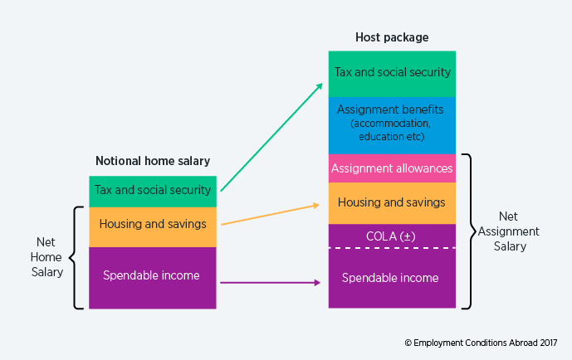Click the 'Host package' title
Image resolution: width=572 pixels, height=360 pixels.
click(392, 37)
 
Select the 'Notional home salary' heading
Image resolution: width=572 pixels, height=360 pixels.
click(153, 161)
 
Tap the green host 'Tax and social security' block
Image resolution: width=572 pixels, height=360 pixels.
click(392, 73)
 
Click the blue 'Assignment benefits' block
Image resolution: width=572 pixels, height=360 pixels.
click(392, 124)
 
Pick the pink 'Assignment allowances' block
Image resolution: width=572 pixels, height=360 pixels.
click(392, 168)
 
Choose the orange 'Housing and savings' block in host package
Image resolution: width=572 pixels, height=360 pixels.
click(392, 202)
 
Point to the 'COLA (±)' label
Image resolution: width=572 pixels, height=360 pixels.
click(392, 236)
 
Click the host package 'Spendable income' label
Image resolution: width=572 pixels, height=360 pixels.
click(390, 278)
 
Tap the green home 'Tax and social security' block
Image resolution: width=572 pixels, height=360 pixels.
click(153, 191)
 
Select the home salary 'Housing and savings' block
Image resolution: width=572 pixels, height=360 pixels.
click(153, 226)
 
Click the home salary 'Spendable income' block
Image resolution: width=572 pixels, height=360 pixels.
click(153, 277)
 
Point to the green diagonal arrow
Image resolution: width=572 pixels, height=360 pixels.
click(271, 137)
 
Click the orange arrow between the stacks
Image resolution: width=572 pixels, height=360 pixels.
click(271, 214)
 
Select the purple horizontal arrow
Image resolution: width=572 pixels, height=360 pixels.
click(271, 283)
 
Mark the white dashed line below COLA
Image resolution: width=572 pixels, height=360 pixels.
click(392, 247)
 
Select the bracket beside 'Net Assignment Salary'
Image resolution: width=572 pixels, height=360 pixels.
click(469, 231)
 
